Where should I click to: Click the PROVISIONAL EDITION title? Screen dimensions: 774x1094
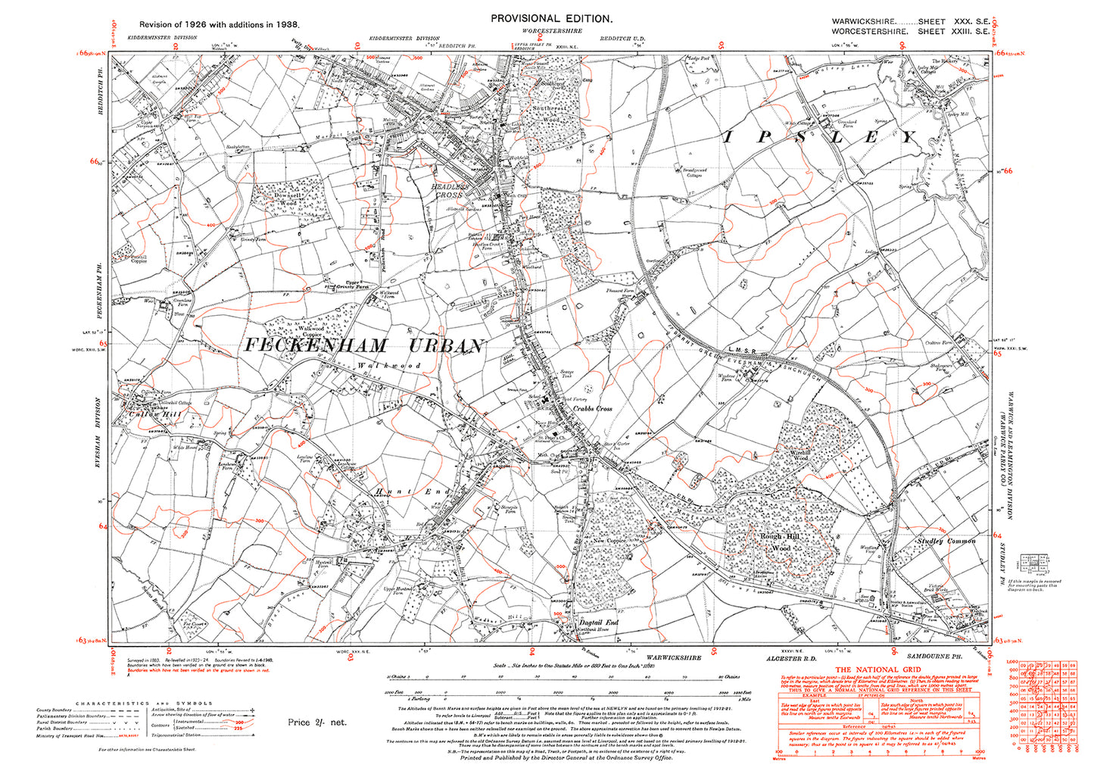[x=552, y=18]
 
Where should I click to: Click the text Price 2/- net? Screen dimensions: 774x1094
[x=316, y=723]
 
